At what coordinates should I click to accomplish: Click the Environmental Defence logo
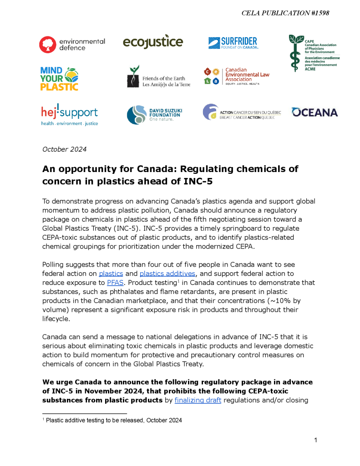(72, 44)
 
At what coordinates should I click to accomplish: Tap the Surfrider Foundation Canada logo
(233, 43)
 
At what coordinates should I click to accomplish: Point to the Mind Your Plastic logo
(59, 78)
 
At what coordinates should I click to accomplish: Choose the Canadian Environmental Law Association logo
(237, 77)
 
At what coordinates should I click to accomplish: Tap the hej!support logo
(69, 115)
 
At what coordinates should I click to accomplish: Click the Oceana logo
(314, 112)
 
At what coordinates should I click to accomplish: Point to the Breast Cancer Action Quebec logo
(242, 113)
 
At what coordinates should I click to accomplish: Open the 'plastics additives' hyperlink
(167, 274)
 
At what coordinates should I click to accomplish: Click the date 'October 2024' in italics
(64, 149)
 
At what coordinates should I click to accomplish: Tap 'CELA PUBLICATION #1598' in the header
(285, 13)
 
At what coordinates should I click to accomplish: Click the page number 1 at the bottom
(316, 440)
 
